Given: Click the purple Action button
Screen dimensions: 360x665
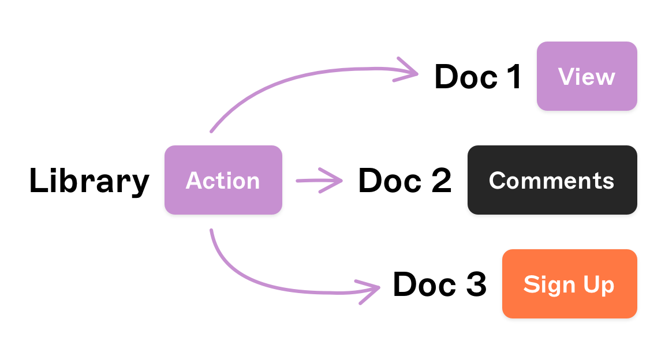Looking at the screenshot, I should coord(223,180).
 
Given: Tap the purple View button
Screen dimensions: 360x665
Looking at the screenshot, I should coord(586,76).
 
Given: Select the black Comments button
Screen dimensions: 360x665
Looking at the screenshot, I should coord(552,180).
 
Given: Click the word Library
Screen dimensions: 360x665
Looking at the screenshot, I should coord(89,181).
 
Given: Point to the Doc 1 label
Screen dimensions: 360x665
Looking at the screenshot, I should coord(478,77).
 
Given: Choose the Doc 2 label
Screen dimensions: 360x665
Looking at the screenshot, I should coord(405,181).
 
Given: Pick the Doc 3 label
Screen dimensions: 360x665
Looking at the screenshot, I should coord(439,284).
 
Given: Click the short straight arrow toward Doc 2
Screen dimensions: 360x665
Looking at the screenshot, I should coord(319,180).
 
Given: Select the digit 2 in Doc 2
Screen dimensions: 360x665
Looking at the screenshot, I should coord(439,181).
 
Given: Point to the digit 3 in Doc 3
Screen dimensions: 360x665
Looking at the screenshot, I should coord(475,284).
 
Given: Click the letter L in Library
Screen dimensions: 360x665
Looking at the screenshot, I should coord(38,181).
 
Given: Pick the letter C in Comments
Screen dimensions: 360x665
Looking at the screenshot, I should coord(497,181).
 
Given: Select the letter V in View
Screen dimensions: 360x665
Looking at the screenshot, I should coord(567,77).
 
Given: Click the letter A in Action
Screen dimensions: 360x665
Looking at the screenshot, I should coord(194,181).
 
